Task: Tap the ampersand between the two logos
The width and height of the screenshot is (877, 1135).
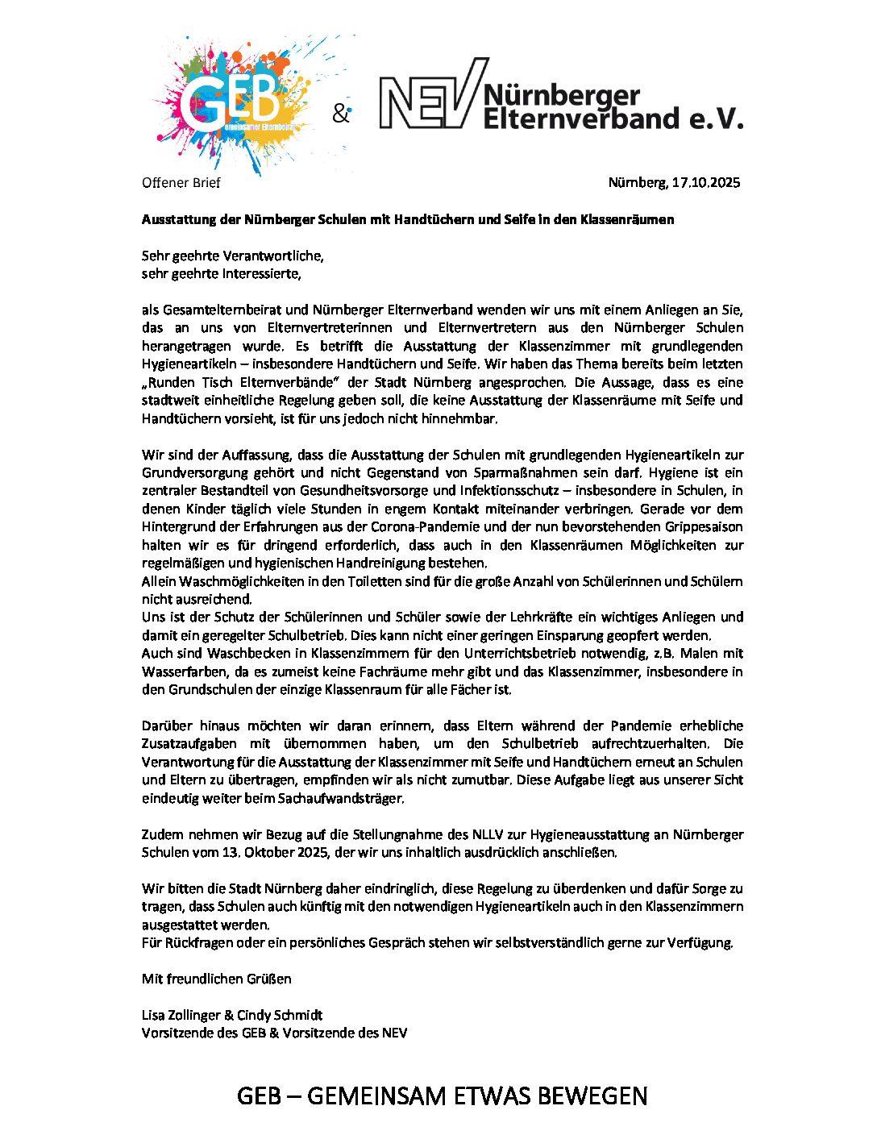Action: (341, 114)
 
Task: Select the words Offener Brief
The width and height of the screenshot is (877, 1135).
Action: (181, 183)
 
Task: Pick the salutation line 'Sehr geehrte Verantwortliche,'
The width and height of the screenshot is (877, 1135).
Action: (232, 256)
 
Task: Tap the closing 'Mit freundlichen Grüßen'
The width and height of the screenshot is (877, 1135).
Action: (217, 979)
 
